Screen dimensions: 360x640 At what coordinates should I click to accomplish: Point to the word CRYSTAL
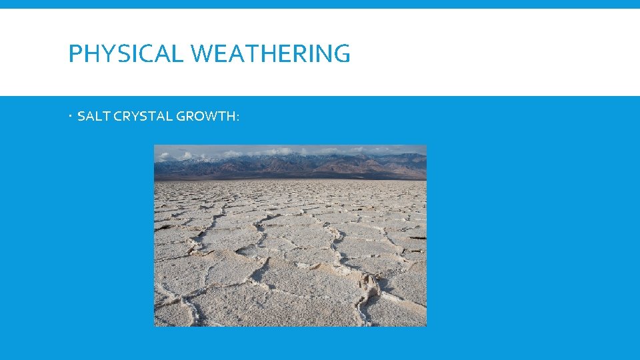143,117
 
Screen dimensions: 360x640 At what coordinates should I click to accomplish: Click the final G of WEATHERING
341,54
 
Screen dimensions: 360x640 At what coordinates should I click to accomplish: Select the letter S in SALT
81,117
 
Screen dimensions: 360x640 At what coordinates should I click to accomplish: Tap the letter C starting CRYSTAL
119,117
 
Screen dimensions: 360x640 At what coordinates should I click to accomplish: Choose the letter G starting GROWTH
181,117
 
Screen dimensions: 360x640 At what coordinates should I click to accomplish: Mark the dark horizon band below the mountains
290,177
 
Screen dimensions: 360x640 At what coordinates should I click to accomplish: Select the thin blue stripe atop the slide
320,4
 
